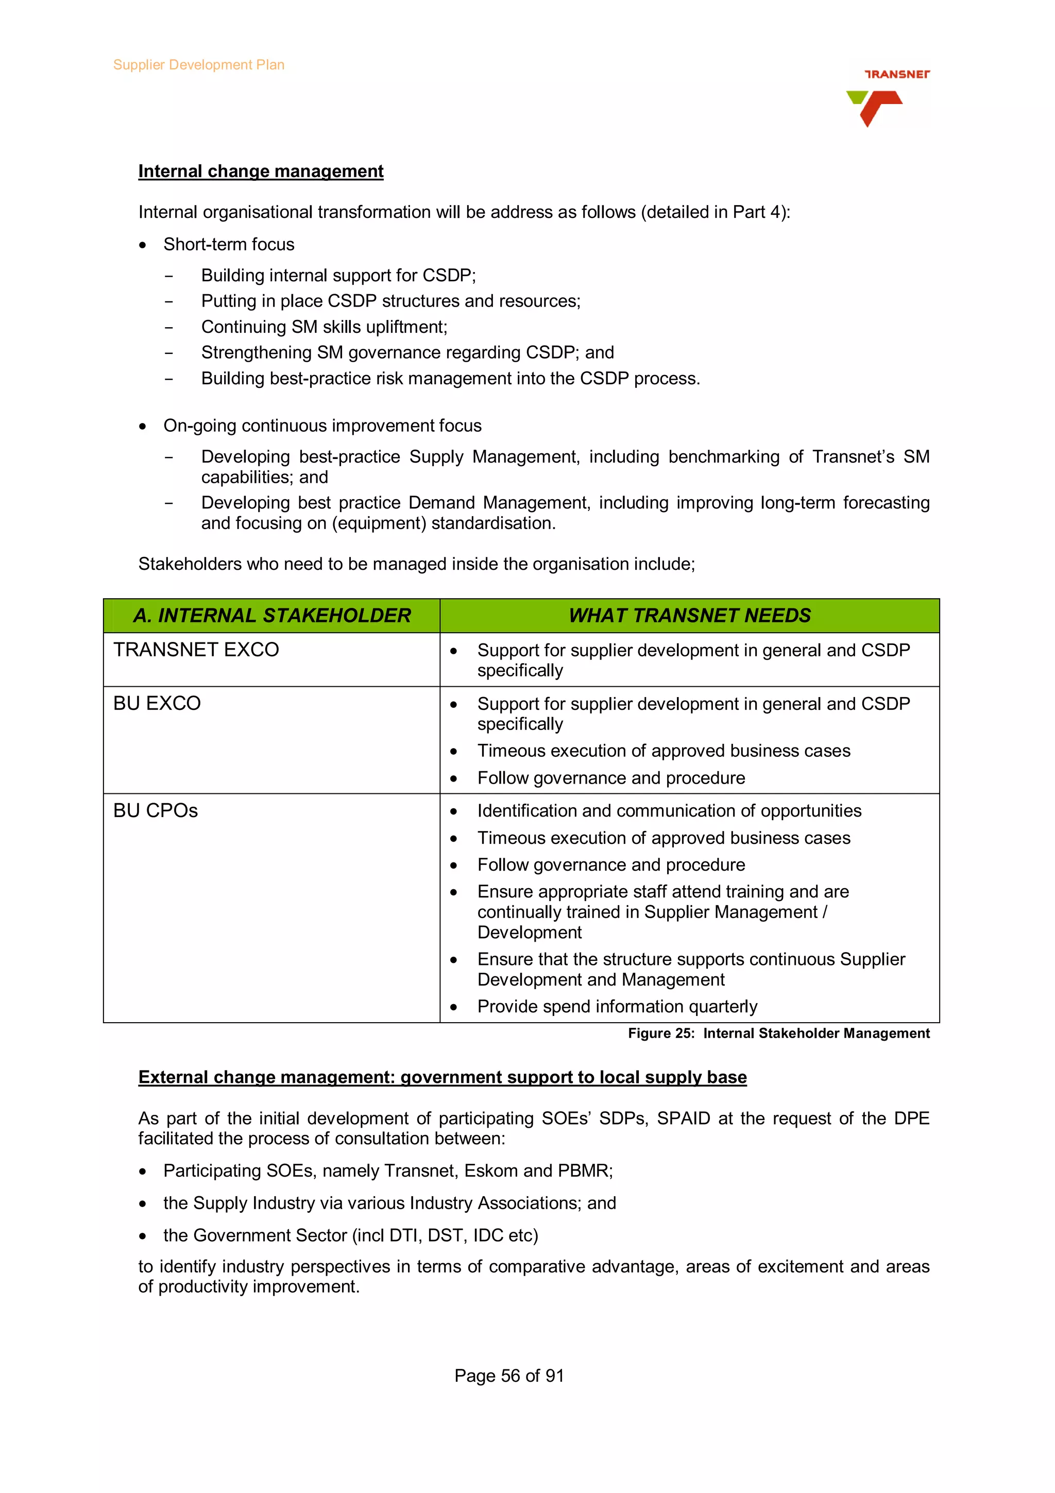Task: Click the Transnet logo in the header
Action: [887, 97]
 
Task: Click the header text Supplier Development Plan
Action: [198, 65]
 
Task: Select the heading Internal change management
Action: [261, 171]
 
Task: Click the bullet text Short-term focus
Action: [229, 245]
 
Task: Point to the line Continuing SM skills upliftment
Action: [324, 327]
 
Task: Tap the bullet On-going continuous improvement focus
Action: [322, 426]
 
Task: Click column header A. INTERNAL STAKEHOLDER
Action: [271, 615]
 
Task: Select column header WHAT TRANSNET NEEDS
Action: [689, 615]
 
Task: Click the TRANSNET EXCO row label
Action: [196, 650]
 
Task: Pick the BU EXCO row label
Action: [157, 704]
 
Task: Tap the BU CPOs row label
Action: [156, 811]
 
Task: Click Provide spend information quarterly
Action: [617, 1007]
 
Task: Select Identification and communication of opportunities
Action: [669, 811]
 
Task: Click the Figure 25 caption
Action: [778, 1033]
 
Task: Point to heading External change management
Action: [442, 1077]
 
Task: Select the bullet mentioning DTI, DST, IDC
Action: [350, 1235]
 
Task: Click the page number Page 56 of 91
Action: [509, 1376]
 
